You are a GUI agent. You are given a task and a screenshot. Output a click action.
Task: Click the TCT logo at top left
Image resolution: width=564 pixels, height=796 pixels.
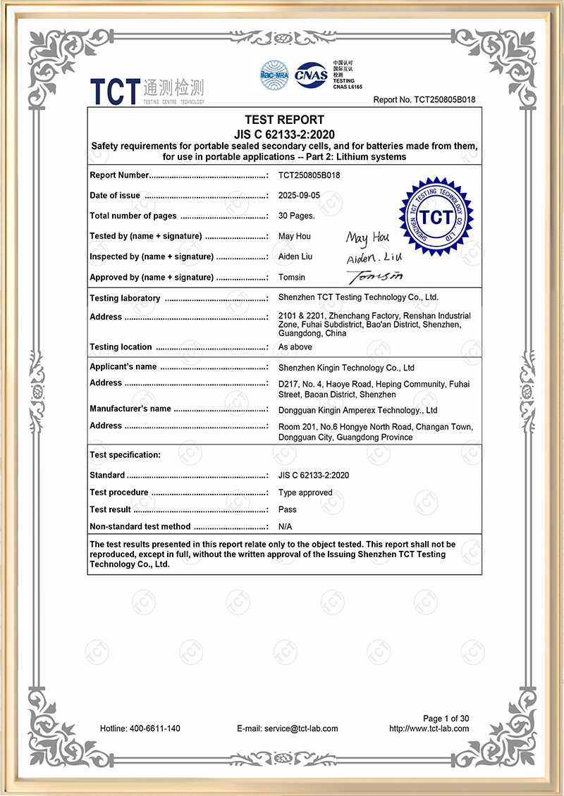(x=147, y=90)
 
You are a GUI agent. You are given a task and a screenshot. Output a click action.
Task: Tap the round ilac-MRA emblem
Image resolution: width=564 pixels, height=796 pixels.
(x=275, y=75)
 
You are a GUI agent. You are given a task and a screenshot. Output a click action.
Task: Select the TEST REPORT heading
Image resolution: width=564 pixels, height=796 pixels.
(x=284, y=120)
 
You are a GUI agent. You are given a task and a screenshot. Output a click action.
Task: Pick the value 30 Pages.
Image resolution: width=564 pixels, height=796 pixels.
(x=297, y=216)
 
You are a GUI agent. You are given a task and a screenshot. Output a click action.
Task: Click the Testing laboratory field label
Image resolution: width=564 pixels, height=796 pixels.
(x=125, y=298)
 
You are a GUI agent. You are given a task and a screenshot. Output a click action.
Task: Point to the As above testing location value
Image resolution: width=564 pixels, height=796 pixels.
(x=295, y=347)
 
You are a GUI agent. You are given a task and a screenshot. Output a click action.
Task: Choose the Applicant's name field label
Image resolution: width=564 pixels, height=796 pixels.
(x=123, y=367)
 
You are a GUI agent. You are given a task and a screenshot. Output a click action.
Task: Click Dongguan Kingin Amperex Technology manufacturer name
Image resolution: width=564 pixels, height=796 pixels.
(x=357, y=410)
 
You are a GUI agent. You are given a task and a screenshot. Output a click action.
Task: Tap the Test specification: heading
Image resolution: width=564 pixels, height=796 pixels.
(x=125, y=455)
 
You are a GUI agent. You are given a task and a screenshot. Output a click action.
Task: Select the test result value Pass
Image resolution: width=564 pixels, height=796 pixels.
(x=288, y=509)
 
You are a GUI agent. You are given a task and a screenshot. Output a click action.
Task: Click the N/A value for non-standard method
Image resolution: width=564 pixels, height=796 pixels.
(x=286, y=526)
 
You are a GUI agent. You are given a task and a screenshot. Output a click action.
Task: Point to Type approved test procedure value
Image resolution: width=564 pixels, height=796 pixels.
(x=305, y=492)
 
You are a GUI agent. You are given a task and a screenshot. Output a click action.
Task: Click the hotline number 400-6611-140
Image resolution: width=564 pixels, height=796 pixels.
(x=140, y=728)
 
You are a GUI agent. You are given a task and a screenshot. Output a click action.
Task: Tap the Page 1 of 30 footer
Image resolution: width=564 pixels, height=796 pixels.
(x=446, y=719)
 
